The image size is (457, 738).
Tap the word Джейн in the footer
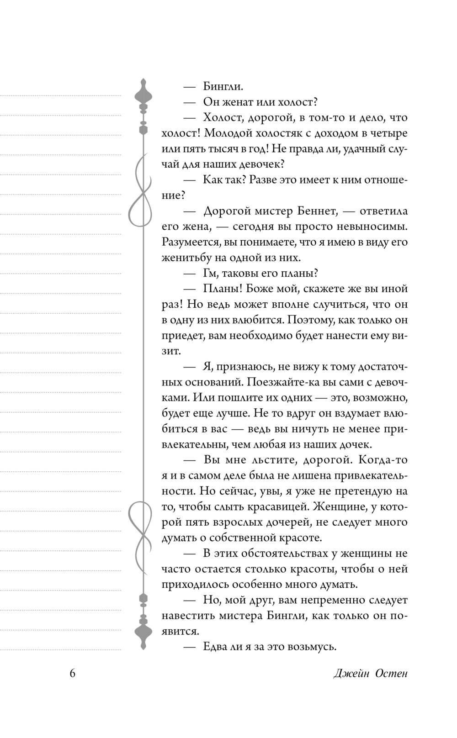[351, 674]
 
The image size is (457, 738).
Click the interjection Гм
[211, 273]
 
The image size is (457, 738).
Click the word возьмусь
[314, 647]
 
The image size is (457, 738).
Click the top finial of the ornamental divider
[143, 94]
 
